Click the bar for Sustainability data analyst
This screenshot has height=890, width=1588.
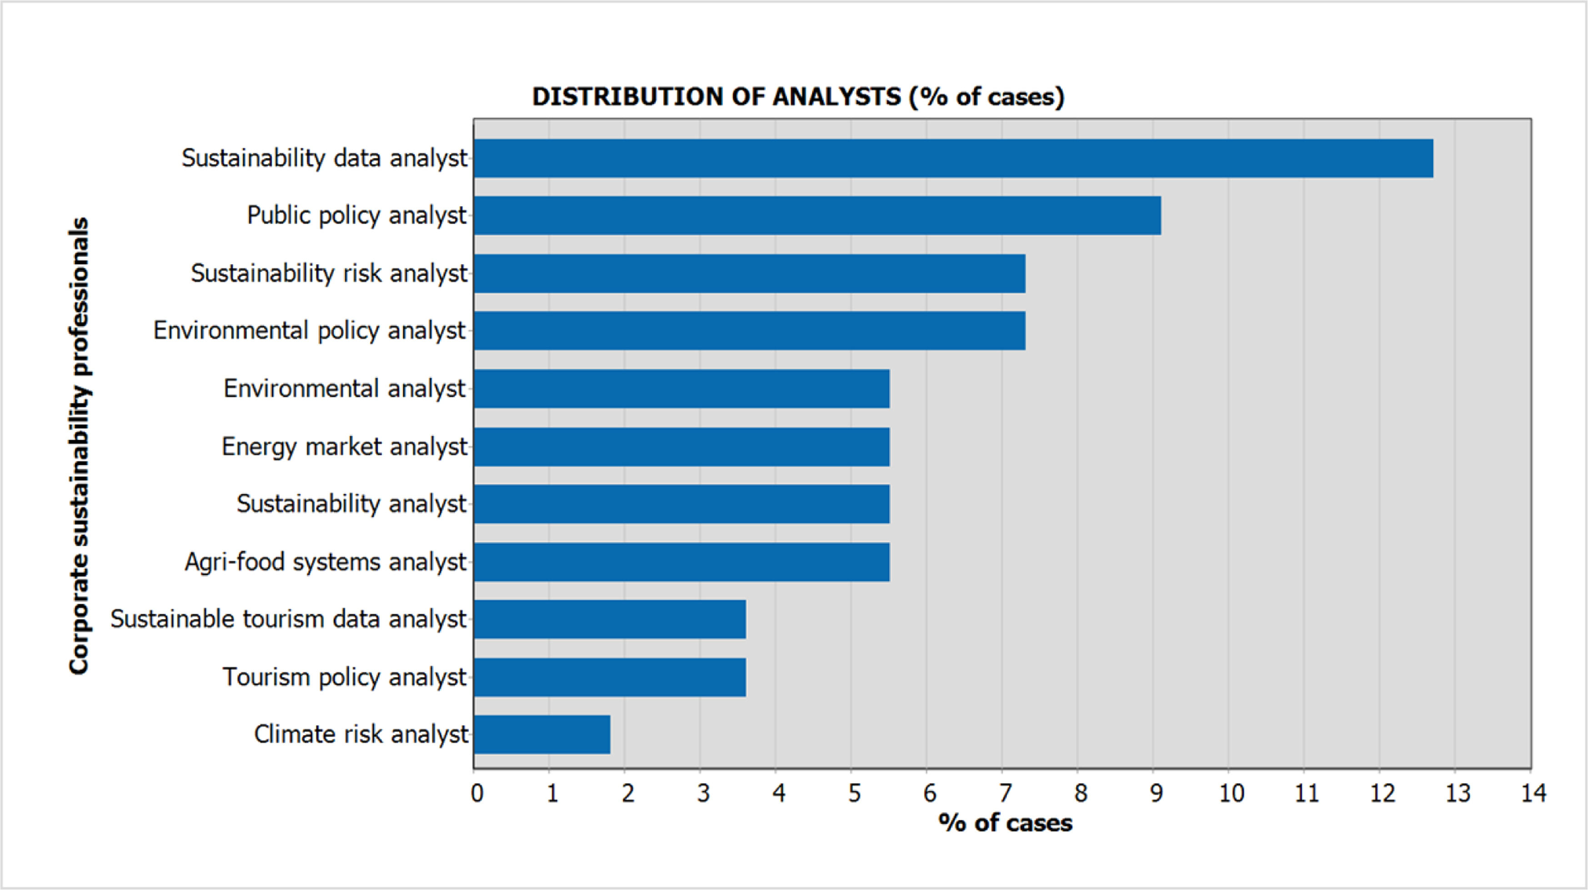(954, 159)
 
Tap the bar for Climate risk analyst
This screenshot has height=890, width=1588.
(542, 734)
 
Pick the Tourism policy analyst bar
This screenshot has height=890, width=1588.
(610, 677)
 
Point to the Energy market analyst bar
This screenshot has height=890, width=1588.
(682, 447)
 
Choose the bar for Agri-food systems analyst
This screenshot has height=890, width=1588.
(682, 562)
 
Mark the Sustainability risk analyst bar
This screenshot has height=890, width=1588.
(750, 274)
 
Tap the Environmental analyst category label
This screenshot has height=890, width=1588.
(345, 388)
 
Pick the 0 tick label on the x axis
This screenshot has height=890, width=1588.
(476, 793)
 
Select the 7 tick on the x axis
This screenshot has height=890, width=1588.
(1005, 793)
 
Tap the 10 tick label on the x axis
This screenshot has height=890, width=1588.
(1232, 793)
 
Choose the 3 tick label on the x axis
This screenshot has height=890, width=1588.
(703, 793)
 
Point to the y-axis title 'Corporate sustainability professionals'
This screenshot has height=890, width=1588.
(80, 445)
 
